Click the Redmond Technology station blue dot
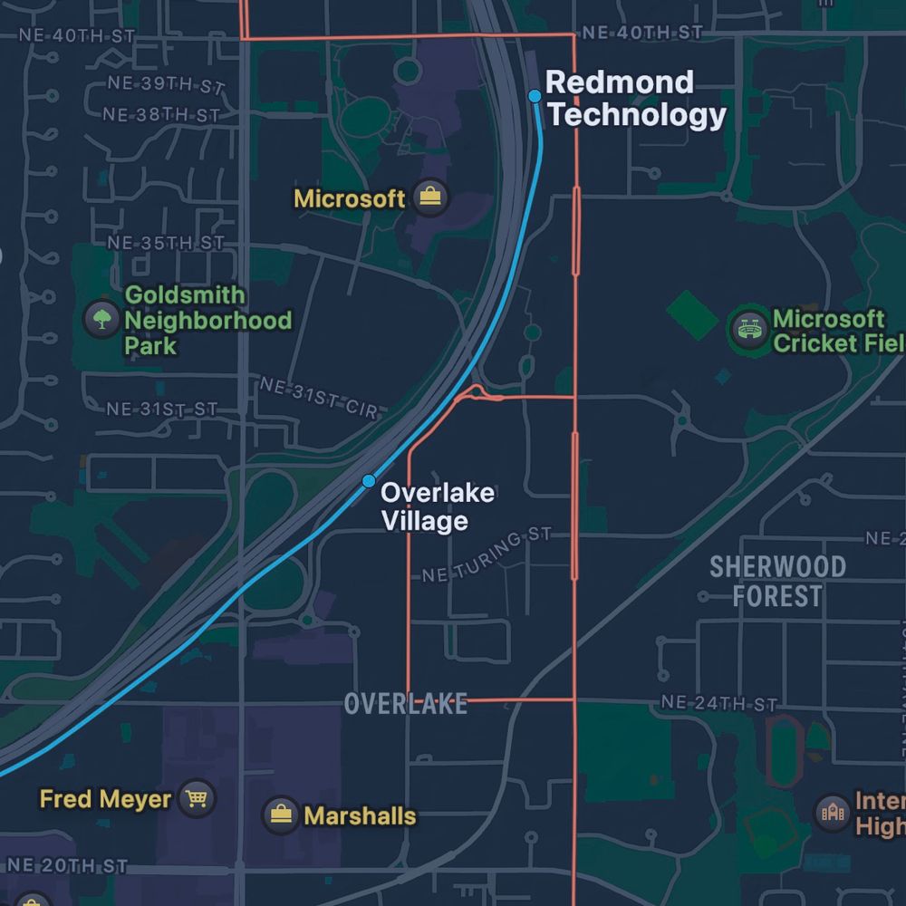pyautogui.click(x=535, y=96)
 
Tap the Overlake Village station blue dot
pyautogui.click(x=369, y=480)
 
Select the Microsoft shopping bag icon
pyautogui.click(x=429, y=197)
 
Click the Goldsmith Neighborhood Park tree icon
pyautogui.click(x=101, y=319)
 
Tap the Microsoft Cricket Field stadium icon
pyautogui.click(x=749, y=330)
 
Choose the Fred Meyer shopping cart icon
pyautogui.click(x=196, y=798)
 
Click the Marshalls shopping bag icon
pyautogui.click(x=281, y=814)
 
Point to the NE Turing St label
pyautogui.click(x=487, y=556)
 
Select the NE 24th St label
pyautogui.click(x=719, y=703)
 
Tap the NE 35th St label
pyautogui.click(x=165, y=243)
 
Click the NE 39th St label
pyautogui.click(x=165, y=85)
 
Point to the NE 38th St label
pyautogui.click(x=160, y=115)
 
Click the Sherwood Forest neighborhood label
pyautogui.click(x=777, y=582)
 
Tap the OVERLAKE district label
pyautogui.click(x=406, y=704)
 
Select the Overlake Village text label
pyautogui.click(x=437, y=506)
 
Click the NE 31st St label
pyautogui.click(x=162, y=410)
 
